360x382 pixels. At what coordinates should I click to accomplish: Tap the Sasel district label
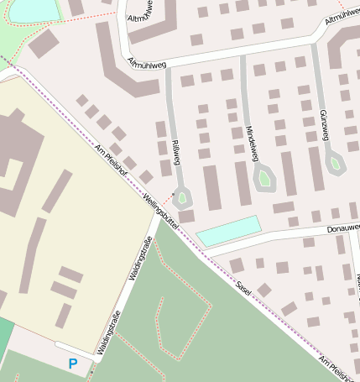243,287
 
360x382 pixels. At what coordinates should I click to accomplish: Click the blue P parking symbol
73,364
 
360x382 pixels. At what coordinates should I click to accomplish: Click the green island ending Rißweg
183,197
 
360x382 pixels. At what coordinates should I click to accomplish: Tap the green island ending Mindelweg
264,177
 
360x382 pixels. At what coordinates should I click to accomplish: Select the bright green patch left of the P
5,336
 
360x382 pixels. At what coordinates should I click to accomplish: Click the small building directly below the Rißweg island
186,216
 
